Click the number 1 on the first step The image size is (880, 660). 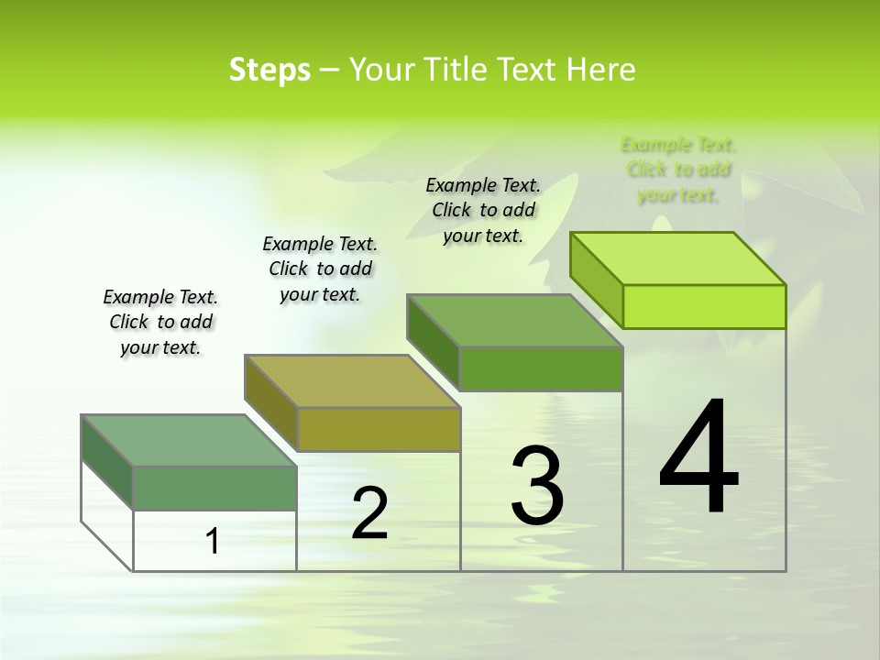pyautogui.click(x=213, y=541)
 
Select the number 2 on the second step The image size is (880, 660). pyautogui.click(x=369, y=513)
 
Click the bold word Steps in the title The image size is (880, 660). pyautogui.click(x=269, y=70)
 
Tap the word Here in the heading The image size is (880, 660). pyautogui.click(x=601, y=70)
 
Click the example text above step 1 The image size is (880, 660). pyautogui.click(x=160, y=322)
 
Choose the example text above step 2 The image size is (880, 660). pyautogui.click(x=320, y=269)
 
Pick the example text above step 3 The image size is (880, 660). pyautogui.click(x=483, y=210)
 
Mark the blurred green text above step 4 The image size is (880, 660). pyautogui.click(x=678, y=170)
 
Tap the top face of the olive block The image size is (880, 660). pyautogui.click(x=352, y=381)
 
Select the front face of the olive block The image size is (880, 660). pyautogui.click(x=379, y=429)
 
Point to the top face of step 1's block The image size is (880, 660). pyautogui.click(x=189, y=441)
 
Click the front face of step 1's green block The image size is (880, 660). pyautogui.click(x=214, y=488)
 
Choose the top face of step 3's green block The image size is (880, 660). pyautogui.click(x=515, y=321)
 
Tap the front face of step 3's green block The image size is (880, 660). pyautogui.click(x=541, y=368)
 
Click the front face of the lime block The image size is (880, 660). pyautogui.click(x=704, y=306)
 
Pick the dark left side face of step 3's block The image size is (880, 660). pyautogui.click(x=432, y=341)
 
